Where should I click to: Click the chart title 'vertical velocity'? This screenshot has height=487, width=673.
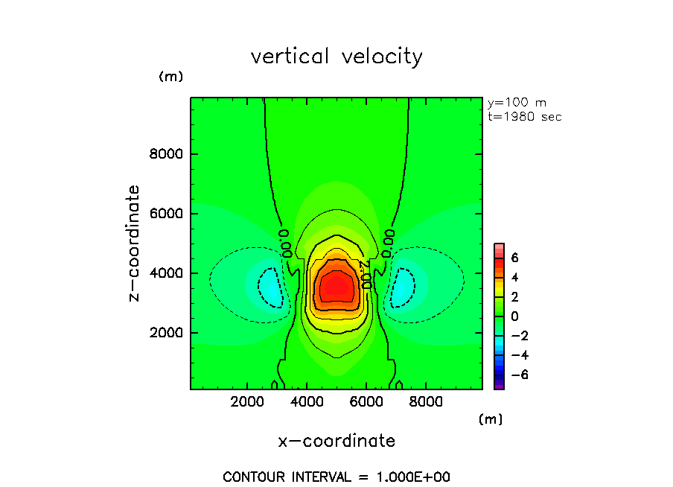pyautogui.click(x=336, y=57)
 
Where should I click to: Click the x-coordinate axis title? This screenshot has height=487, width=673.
pyautogui.click(x=336, y=441)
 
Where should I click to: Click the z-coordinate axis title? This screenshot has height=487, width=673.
pyautogui.click(x=135, y=244)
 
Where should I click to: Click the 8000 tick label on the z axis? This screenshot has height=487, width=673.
pyautogui.click(x=168, y=154)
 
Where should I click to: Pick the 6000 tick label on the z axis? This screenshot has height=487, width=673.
pyautogui.click(x=168, y=214)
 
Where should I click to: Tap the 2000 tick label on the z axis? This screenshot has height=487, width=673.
pyautogui.click(x=168, y=332)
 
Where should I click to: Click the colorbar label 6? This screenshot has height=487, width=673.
pyautogui.click(x=514, y=258)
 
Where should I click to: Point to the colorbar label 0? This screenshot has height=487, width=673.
pyautogui.click(x=514, y=316)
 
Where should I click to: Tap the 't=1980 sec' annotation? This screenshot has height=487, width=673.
pyautogui.click(x=524, y=117)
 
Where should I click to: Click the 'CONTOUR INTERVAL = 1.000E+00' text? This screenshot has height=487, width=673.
pyautogui.click(x=336, y=477)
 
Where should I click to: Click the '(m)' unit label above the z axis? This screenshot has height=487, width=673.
pyautogui.click(x=170, y=77)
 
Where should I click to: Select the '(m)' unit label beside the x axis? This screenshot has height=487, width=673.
pyautogui.click(x=491, y=419)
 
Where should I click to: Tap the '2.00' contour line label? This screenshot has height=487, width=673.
pyautogui.click(x=365, y=274)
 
